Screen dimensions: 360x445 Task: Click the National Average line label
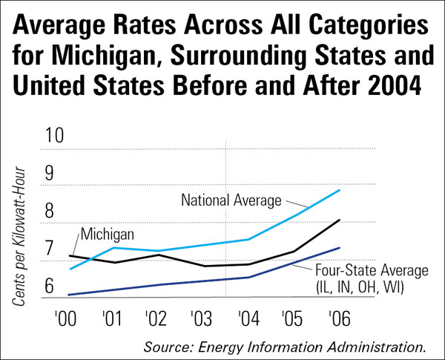232,200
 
